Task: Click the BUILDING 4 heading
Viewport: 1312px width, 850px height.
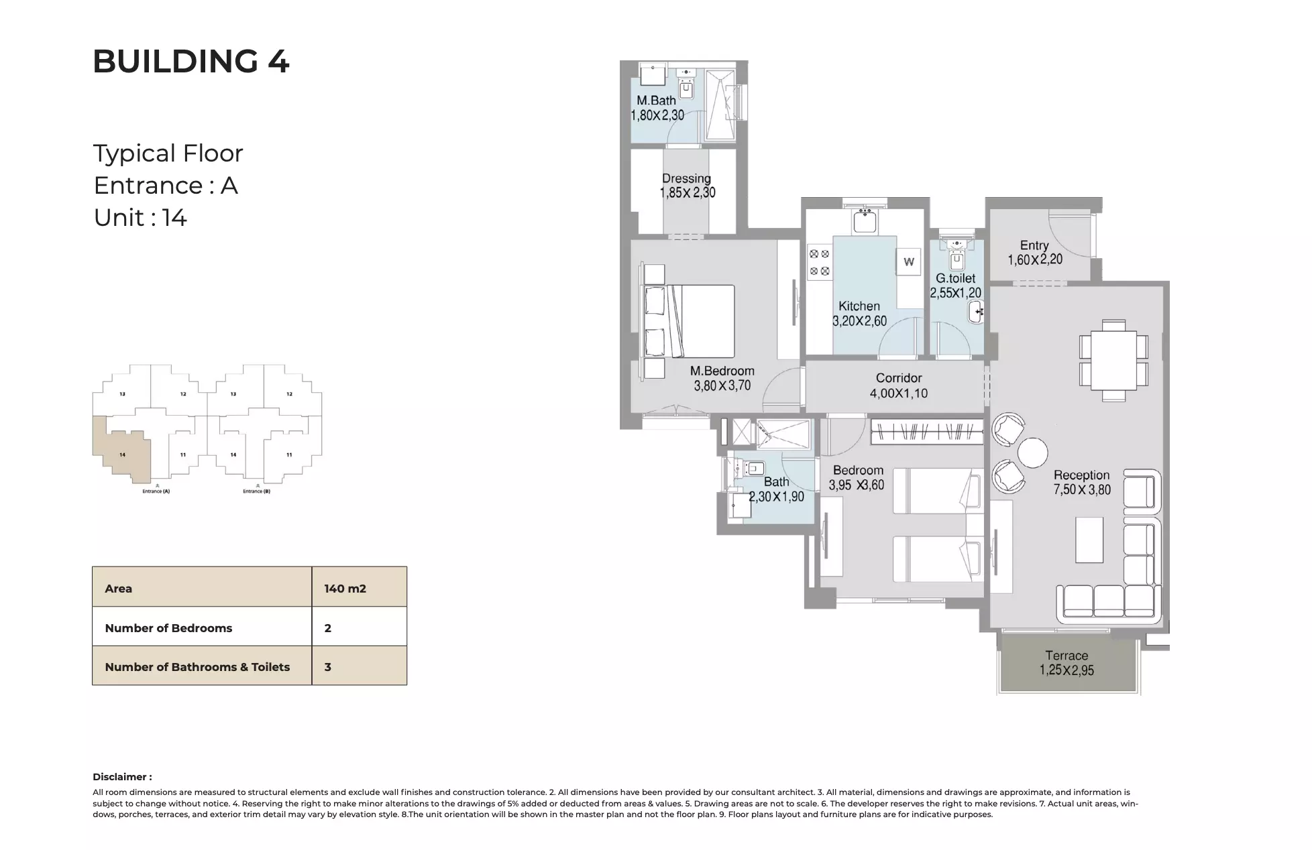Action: [x=190, y=62]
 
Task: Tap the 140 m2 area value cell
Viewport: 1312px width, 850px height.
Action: [x=345, y=589]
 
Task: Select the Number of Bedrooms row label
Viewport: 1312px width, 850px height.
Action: [x=168, y=628]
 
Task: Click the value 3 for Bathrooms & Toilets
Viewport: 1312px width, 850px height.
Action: [x=328, y=667]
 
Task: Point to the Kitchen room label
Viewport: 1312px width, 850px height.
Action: [x=859, y=306]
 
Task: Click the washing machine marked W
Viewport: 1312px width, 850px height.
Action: [x=909, y=262]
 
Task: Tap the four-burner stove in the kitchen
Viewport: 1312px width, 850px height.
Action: [x=819, y=263]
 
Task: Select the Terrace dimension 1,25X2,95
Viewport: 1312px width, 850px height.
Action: [x=1067, y=670]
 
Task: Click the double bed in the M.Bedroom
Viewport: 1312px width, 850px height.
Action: [x=691, y=321]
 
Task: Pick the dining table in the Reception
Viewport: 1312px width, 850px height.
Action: [x=1113, y=360]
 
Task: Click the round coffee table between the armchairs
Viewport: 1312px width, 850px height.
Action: [x=1032, y=452]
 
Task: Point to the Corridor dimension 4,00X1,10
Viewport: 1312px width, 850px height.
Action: [x=899, y=393]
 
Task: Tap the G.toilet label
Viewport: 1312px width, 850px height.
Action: [x=955, y=278]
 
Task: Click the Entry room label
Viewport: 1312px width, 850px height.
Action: [x=1034, y=245]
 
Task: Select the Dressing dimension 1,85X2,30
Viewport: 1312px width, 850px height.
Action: [x=687, y=193]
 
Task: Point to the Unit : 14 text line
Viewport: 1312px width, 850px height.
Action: [x=140, y=218]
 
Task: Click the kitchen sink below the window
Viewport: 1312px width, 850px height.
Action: [x=865, y=221]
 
